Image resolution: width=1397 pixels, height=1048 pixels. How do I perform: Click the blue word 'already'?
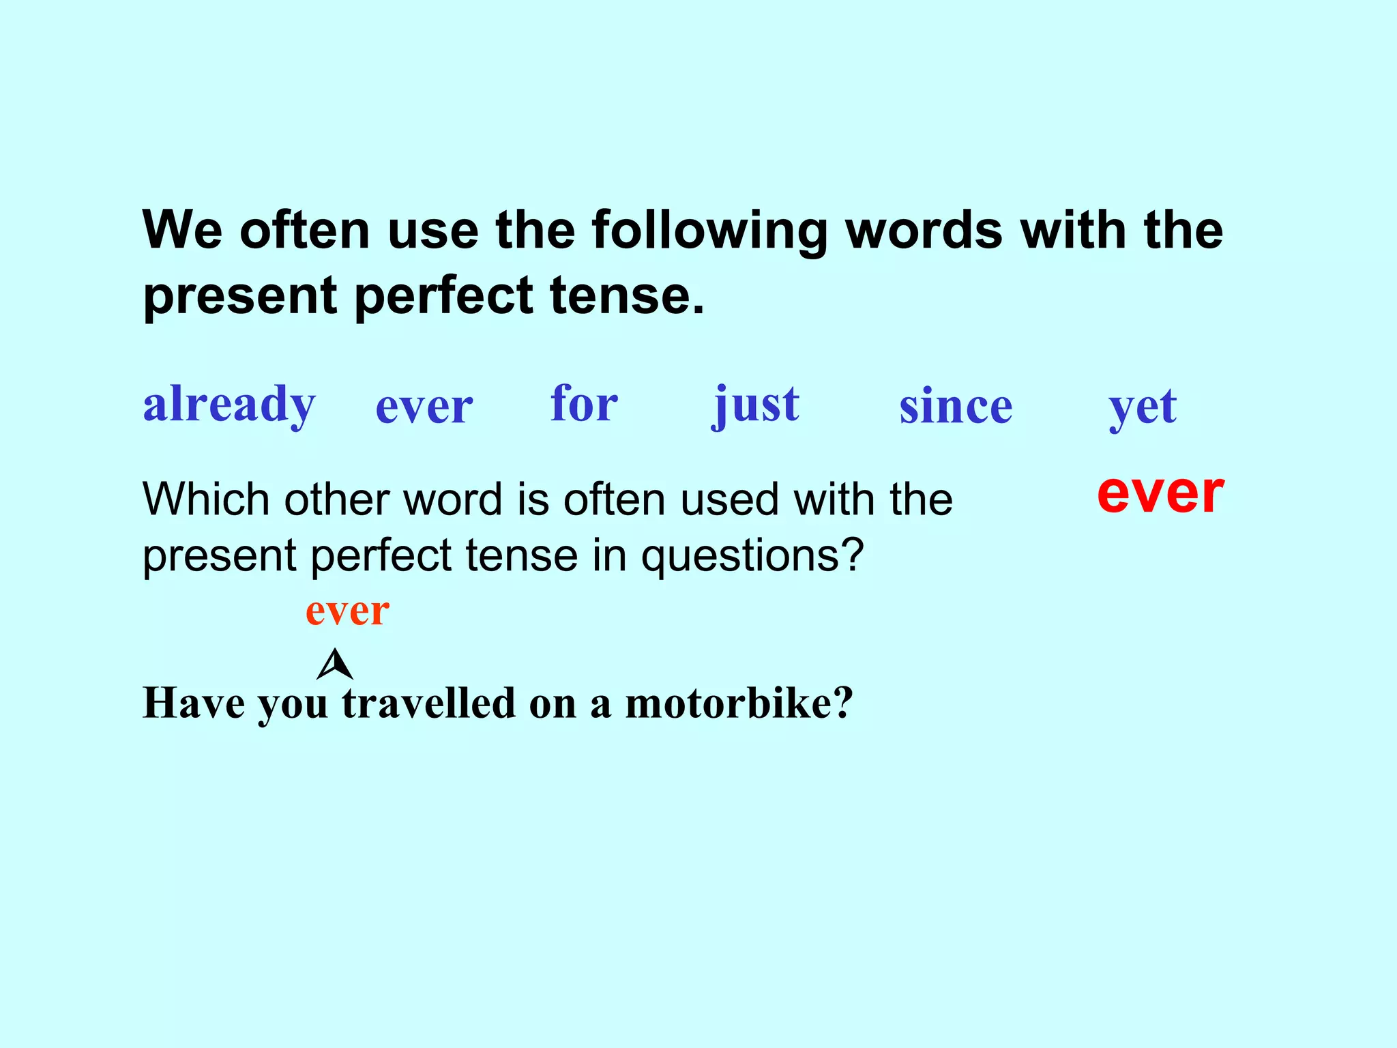tap(229, 405)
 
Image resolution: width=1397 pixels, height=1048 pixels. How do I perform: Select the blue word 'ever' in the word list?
tap(424, 407)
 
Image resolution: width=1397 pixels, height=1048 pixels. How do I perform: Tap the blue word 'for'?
tap(584, 403)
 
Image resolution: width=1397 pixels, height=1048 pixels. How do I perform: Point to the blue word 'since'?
tap(956, 407)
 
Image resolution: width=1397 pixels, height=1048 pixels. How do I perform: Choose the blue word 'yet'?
tap(1143, 407)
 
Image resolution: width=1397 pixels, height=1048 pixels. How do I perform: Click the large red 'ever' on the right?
tap(1160, 493)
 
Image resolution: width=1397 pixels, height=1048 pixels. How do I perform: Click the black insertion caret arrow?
tap(335, 665)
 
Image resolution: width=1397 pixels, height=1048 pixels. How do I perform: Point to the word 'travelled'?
tap(429, 703)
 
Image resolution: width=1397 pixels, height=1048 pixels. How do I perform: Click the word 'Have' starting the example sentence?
tap(194, 703)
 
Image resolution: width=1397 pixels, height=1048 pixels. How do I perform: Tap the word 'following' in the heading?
tap(709, 231)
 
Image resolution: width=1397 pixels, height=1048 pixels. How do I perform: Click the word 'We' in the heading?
tap(182, 231)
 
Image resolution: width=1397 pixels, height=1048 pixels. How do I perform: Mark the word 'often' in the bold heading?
tap(305, 231)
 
